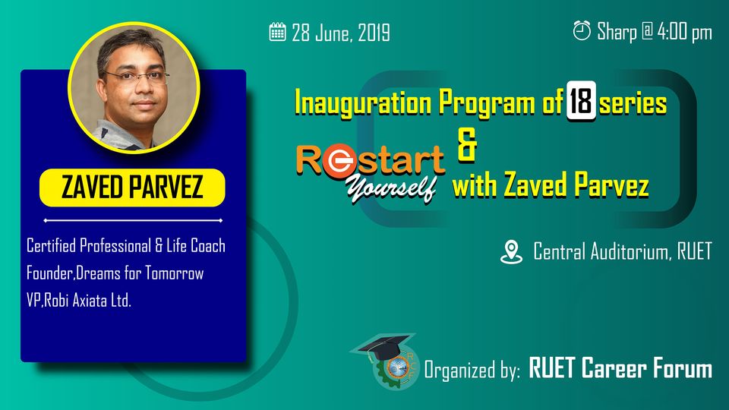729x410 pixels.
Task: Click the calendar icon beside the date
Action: click(x=278, y=32)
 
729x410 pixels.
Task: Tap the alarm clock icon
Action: click(x=582, y=30)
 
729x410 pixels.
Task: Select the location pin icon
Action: click(x=511, y=252)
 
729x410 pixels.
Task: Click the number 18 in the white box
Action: click(x=581, y=101)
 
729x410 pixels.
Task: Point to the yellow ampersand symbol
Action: click(x=467, y=144)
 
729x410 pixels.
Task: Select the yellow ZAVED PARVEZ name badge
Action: click(x=132, y=188)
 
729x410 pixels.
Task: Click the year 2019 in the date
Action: click(x=374, y=33)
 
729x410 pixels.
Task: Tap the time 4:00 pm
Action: click(x=684, y=32)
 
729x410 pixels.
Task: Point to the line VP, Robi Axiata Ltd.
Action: click(x=79, y=301)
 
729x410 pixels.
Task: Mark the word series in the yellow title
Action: click(x=633, y=102)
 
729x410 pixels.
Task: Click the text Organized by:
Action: click(x=472, y=371)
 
